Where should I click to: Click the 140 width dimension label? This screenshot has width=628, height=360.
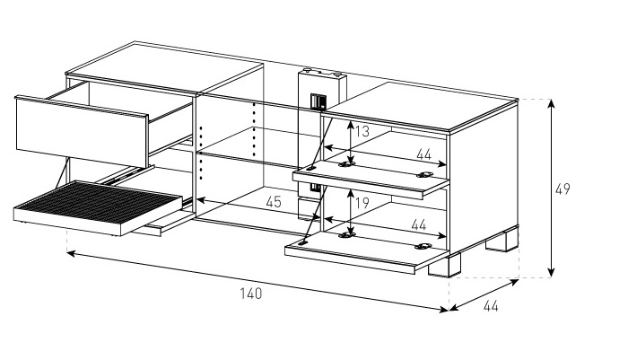pos(252,294)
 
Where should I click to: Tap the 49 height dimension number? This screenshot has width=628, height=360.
pos(563,189)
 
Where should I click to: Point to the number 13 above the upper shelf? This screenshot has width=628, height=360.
pos(362,132)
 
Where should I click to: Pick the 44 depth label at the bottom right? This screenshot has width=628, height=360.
pos(491,306)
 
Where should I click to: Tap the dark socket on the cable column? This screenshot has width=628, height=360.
pos(316,101)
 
